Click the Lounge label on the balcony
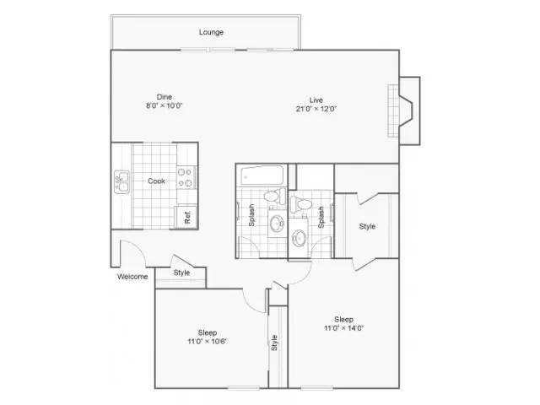point(211,32)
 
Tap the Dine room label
point(165,97)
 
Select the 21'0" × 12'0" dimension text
point(316,109)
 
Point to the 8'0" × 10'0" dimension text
point(164,105)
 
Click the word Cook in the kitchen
point(156,181)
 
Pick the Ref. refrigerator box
point(186,217)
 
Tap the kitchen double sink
point(121,182)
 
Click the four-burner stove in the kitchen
point(186,178)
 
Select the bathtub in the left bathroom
point(262,176)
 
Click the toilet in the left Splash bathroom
point(275,197)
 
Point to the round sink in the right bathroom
point(299,238)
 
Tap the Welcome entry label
point(132,277)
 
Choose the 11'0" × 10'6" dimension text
point(208,342)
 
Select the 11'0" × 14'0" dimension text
point(343,328)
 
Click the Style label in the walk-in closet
point(367,226)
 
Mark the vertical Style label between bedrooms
point(274,343)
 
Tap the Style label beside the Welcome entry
point(181,273)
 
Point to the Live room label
point(316,100)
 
